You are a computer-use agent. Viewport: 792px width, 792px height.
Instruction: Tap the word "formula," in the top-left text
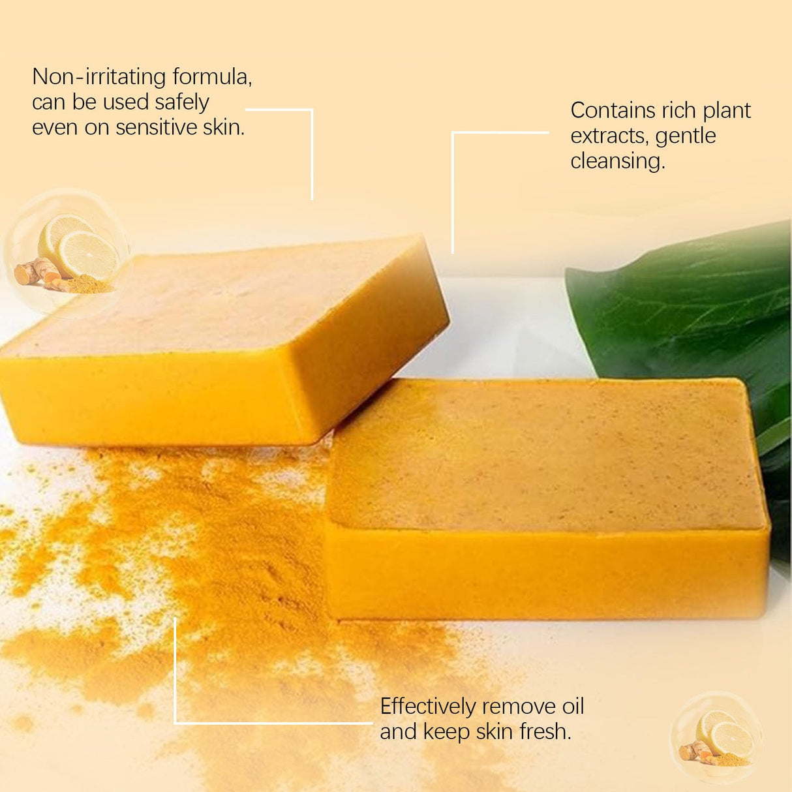pos(211,78)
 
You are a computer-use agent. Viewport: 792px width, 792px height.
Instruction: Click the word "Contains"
pos(613,110)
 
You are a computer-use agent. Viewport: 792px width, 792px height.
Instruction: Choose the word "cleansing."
pos(617,161)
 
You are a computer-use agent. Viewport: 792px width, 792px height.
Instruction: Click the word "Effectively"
pos(427,707)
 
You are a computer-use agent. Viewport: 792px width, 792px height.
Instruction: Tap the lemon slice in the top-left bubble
pos(88,254)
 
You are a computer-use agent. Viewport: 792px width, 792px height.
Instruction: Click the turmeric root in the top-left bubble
pos(36,271)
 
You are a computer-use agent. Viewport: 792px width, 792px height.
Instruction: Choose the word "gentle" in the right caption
pos(685,136)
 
